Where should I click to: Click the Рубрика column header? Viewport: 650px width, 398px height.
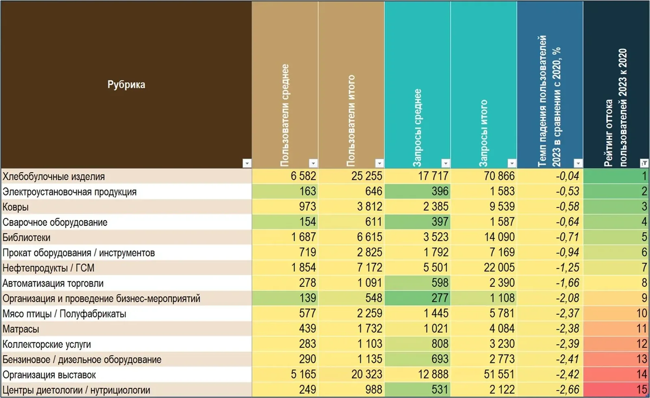(126, 85)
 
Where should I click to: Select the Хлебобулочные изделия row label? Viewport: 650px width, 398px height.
(54, 176)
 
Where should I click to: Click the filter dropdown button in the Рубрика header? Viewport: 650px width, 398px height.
(247, 163)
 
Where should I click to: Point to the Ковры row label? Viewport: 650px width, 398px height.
(16, 207)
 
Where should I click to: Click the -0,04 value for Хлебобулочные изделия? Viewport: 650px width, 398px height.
(567, 176)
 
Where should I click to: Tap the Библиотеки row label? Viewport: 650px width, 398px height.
(26, 238)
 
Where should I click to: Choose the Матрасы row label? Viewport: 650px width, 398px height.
(21, 329)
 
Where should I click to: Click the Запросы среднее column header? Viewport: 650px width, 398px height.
(417, 128)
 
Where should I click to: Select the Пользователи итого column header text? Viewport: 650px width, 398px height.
(351, 121)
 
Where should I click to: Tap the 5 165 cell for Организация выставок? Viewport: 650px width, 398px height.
(303, 374)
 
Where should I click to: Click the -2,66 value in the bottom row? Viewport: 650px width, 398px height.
(567, 389)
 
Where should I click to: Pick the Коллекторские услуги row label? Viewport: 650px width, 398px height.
(47, 344)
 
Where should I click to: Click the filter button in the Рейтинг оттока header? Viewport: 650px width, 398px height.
(644, 163)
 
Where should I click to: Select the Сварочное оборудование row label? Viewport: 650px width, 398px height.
(55, 223)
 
